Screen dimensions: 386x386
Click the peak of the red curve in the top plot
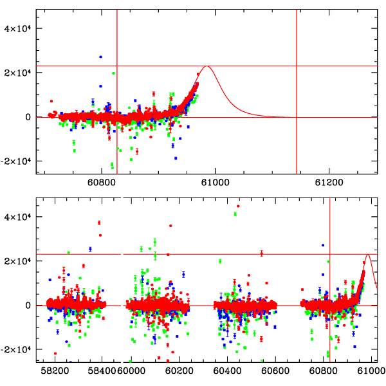207,66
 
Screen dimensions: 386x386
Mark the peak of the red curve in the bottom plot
368,254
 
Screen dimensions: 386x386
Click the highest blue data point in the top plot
100,57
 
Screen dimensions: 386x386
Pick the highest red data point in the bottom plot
238,206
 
